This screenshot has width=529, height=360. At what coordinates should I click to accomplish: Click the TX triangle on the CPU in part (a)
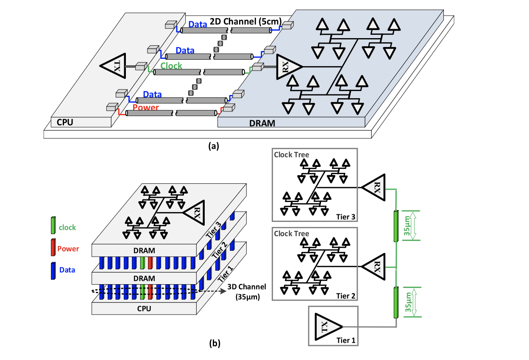point(115,66)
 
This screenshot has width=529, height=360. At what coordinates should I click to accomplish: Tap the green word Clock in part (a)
point(171,66)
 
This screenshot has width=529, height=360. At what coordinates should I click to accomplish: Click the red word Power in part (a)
point(145,108)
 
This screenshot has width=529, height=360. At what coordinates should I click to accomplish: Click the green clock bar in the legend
point(53,224)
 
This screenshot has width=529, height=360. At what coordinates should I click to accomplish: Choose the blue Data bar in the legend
point(53,270)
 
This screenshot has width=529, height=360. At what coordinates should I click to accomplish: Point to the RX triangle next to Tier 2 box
point(376,266)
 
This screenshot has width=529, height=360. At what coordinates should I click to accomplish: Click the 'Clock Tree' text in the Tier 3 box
point(292,155)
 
